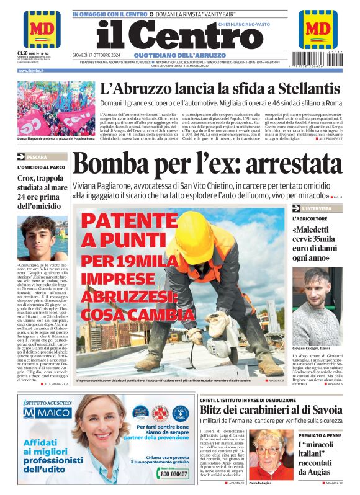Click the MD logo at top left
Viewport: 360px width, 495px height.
tap(42, 29)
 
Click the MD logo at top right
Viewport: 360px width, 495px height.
tap(318, 29)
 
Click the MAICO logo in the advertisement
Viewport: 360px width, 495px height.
tap(47, 412)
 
